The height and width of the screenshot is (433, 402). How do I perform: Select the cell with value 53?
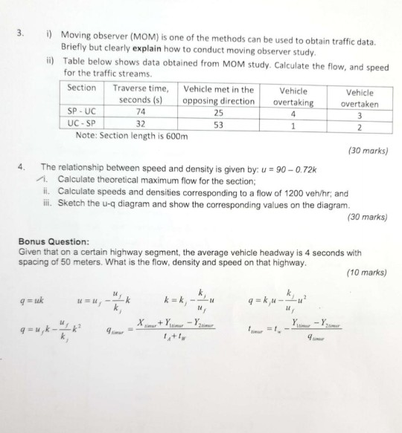pos(218,125)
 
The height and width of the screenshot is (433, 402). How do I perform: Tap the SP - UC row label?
pos(80,114)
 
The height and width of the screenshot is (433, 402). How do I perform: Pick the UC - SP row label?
pos(80,125)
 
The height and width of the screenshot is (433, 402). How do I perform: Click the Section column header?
pos(82,88)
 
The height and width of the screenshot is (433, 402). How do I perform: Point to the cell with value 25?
pos(218,114)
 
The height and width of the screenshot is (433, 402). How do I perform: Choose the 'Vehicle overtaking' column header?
pos(293,97)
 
